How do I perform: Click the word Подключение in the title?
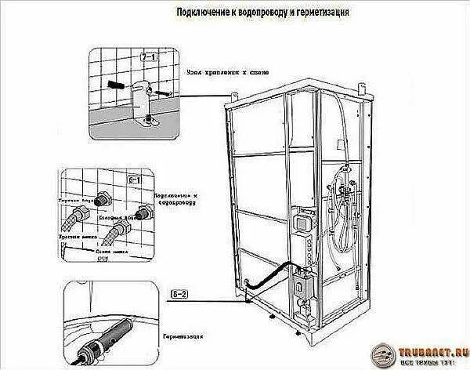[x=198, y=13]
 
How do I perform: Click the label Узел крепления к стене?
[x=226, y=71]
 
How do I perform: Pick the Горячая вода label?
[x=74, y=201]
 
